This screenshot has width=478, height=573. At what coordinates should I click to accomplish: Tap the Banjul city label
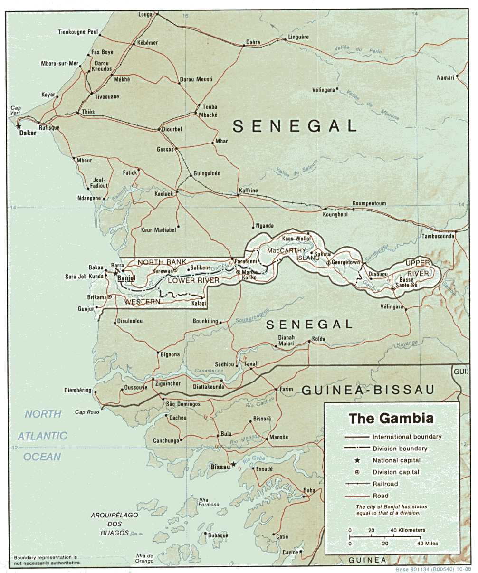pos(126,278)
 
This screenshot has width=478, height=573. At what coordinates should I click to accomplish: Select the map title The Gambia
pos(391,419)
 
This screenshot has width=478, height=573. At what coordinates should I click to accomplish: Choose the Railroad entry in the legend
pos(385,484)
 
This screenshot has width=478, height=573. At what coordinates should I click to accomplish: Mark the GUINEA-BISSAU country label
pos(368,390)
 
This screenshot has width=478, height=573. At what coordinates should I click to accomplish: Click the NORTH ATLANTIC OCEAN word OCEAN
pos(42,457)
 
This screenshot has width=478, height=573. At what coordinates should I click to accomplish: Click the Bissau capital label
pos(220,468)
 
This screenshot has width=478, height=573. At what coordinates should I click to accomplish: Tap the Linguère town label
pos(298,37)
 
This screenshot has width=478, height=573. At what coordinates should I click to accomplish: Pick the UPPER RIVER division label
pos(418,268)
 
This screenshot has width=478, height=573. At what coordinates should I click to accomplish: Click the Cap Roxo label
pos(87,412)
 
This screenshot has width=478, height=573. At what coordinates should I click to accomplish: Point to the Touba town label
pos(210,107)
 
